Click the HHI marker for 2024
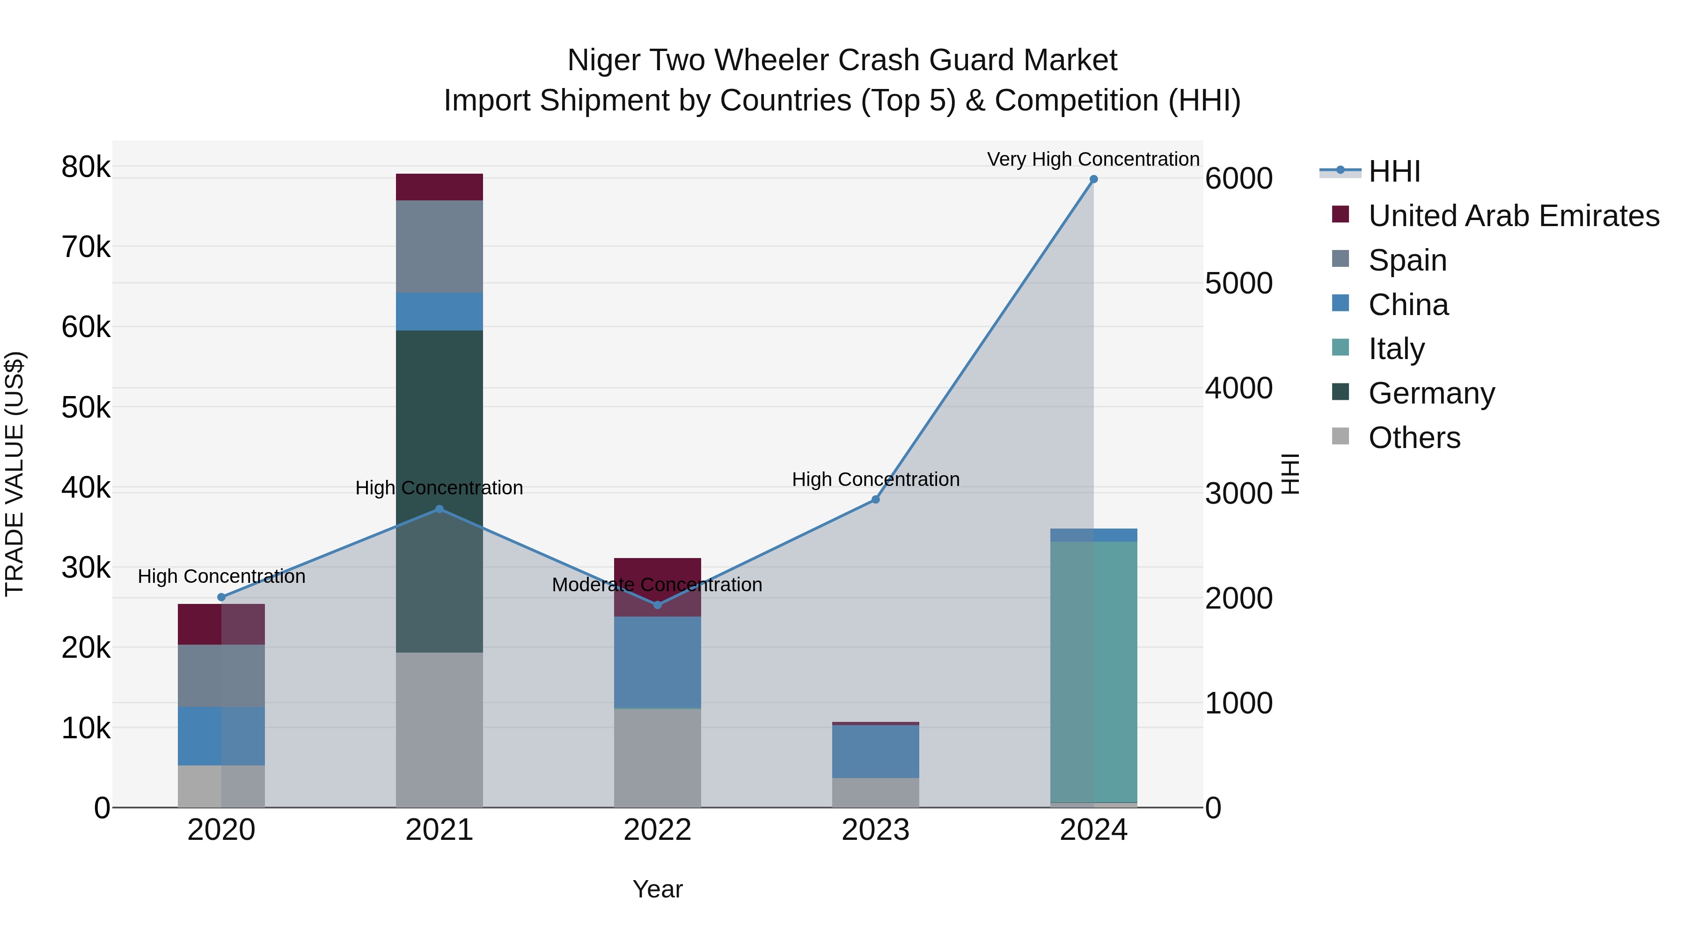tap(1093, 179)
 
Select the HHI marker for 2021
tap(439, 509)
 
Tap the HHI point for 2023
tap(875, 499)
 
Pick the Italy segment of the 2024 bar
tap(1093, 670)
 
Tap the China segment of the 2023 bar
tap(875, 751)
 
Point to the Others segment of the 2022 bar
tap(658, 757)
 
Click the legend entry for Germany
tap(1431, 393)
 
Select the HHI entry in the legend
tap(1393, 171)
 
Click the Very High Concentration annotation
tap(1093, 159)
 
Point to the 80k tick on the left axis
tap(86, 167)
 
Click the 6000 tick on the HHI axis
tap(1238, 179)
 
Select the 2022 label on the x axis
tap(658, 830)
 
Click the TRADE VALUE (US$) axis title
tap(15, 474)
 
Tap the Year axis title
tap(658, 889)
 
